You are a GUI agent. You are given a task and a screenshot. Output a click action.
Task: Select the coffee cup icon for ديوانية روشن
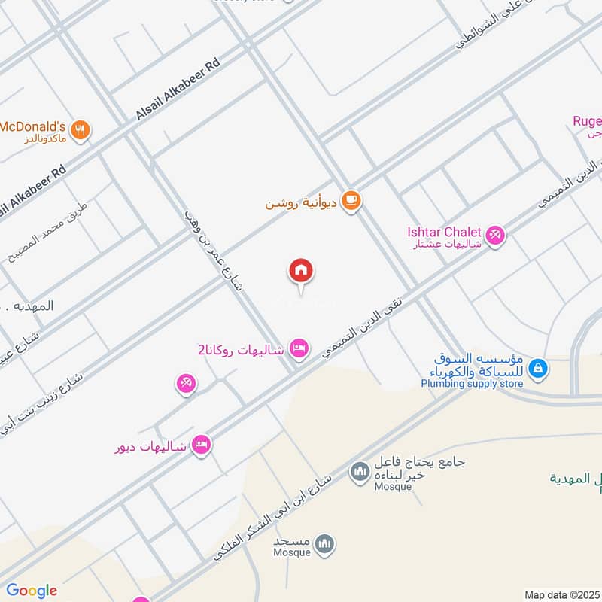point(351,200)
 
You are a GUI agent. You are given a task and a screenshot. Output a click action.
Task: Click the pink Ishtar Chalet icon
point(495,236)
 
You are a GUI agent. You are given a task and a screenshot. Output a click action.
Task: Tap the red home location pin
point(301,271)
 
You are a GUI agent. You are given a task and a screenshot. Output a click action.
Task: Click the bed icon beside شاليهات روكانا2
point(299,348)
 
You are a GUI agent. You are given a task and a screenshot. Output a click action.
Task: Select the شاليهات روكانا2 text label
point(242,350)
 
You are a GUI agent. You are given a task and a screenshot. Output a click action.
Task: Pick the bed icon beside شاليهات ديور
point(201,445)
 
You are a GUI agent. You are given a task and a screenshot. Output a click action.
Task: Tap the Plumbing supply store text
point(471,384)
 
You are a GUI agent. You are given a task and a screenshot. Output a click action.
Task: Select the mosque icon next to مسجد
point(324,543)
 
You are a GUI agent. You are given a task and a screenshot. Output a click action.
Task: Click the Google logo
point(32,590)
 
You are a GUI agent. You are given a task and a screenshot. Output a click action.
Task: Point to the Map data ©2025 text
point(561,594)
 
